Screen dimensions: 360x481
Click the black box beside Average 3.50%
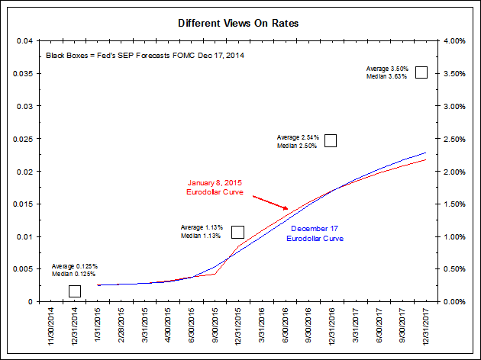click(421, 72)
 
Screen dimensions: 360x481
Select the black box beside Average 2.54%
click(331, 140)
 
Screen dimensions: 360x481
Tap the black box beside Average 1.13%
click(237, 232)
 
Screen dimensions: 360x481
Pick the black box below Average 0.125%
click(75, 291)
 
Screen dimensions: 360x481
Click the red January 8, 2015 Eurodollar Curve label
click(215, 188)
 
